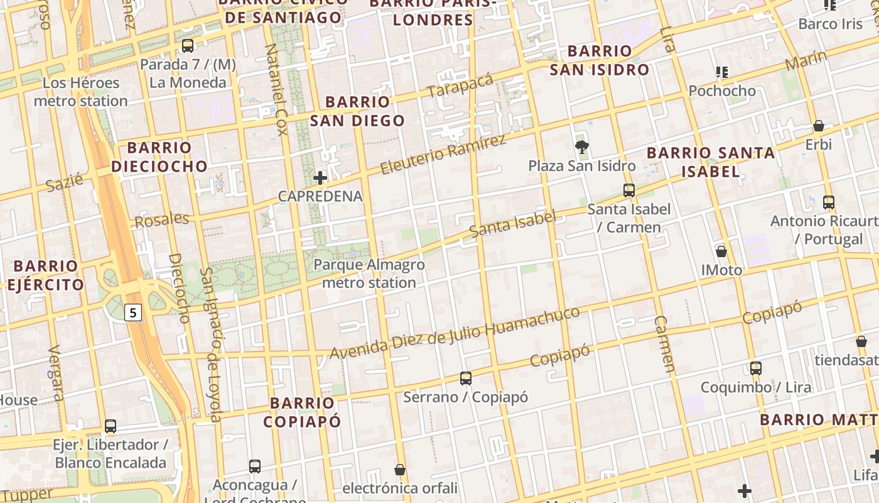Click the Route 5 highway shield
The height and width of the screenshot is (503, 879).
pos(133,312)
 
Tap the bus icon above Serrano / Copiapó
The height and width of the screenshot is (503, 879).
pos(465,378)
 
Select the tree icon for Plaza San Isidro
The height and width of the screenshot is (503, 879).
pos(582,148)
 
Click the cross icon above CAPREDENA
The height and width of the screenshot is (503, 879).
pos(320,178)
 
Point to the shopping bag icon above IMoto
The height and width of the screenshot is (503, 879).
pos(721,251)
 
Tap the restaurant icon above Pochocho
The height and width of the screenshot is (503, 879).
pos(722,72)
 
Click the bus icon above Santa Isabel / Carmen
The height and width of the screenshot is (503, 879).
pos(629,191)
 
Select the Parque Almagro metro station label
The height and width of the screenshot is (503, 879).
pos(369,274)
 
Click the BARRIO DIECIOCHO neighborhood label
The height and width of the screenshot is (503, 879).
pos(159,157)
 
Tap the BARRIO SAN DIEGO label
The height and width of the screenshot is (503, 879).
pos(358,111)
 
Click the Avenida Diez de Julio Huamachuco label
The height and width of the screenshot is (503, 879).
pos(455,334)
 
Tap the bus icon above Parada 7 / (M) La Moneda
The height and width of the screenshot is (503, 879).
pos(187,45)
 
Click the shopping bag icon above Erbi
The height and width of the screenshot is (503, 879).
pos(819,126)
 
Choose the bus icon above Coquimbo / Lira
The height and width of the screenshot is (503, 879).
pos(756,368)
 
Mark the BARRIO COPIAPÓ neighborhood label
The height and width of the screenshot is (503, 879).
pos(302,412)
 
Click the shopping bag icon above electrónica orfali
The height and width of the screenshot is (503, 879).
pos(400,470)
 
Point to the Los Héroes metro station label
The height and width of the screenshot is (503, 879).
pos(80,92)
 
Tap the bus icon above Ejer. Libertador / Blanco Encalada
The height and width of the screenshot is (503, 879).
pos(111,426)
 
